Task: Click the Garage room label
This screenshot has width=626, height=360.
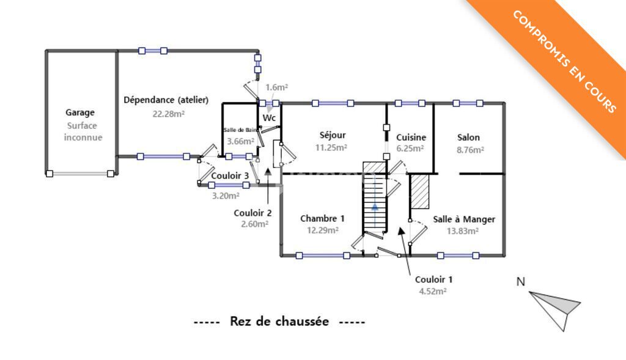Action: (x=80, y=112)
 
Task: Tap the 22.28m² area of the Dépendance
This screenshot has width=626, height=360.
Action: (x=169, y=114)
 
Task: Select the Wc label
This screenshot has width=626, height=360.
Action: (x=269, y=118)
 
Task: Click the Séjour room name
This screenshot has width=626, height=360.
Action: (x=333, y=135)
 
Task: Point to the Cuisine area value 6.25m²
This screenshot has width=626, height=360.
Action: (x=410, y=149)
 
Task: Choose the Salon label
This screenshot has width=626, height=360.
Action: (x=468, y=138)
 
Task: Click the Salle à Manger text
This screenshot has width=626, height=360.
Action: (x=464, y=219)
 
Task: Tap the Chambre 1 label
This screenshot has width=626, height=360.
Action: (x=322, y=218)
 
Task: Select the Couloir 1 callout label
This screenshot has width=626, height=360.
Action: (x=433, y=279)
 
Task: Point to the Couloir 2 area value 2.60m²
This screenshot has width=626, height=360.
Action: (x=254, y=224)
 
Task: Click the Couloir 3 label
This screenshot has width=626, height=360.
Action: (x=230, y=175)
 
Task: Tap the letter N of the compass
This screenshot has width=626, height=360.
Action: (x=521, y=282)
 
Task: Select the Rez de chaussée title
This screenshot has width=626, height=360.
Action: (x=279, y=321)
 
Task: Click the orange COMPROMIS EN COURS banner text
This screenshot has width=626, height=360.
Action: (x=564, y=62)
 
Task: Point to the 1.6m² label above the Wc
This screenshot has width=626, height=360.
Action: (x=277, y=87)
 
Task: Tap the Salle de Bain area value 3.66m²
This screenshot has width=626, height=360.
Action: (x=240, y=141)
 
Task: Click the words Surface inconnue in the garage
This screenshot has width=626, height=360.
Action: (x=83, y=131)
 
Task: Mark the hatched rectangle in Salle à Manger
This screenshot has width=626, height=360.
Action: (x=419, y=191)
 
